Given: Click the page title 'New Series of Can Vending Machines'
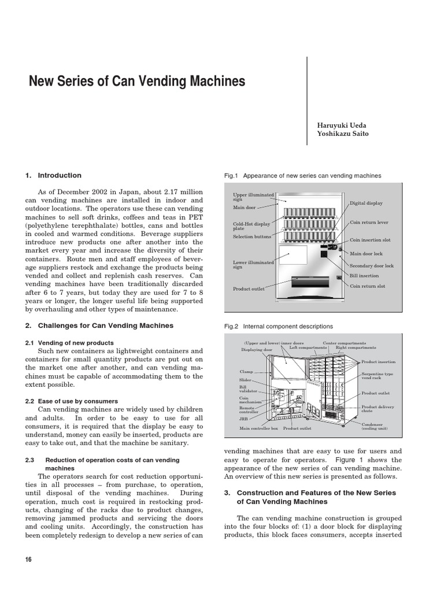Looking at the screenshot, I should (137, 82).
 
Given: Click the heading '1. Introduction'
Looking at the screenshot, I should (53, 175).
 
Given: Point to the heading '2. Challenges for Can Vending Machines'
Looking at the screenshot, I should (99, 325).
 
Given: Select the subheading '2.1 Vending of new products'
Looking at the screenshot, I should (69, 343).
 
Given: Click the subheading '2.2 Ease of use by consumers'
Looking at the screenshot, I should (72, 401).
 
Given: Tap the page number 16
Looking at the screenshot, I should (29, 560).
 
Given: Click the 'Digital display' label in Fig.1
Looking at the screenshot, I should (366, 203).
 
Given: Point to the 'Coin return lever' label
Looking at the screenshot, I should (369, 222).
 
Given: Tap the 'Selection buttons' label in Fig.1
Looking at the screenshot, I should (252, 236).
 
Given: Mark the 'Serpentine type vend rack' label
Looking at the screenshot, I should (378, 376).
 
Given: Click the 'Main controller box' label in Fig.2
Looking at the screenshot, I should (259, 428).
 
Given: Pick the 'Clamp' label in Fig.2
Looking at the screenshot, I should (246, 371).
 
